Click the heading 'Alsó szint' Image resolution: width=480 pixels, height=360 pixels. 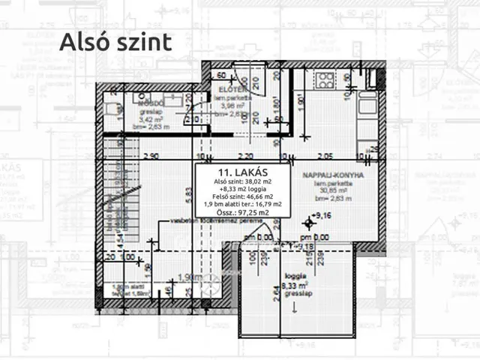click(115, 42)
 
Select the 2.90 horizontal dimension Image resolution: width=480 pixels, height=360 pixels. click(149, 157)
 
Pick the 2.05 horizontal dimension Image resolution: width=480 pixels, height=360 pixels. click(324, 157)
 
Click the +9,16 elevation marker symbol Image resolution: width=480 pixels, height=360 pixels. click(307, 223)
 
